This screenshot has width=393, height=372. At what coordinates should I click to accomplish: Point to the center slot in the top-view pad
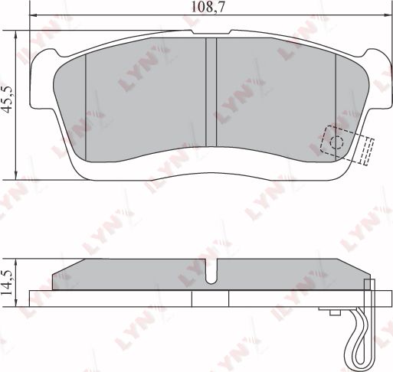pyautogui.click(x=211, y=90)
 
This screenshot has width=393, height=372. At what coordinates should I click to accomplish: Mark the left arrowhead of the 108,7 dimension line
pyautogui.click(x=32, y=16)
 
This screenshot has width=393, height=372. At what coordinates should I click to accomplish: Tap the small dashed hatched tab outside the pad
pyautogui.click(x=366, y=150)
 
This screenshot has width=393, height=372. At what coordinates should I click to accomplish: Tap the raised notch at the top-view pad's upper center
pyautogui.click(x=211, y=34)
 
